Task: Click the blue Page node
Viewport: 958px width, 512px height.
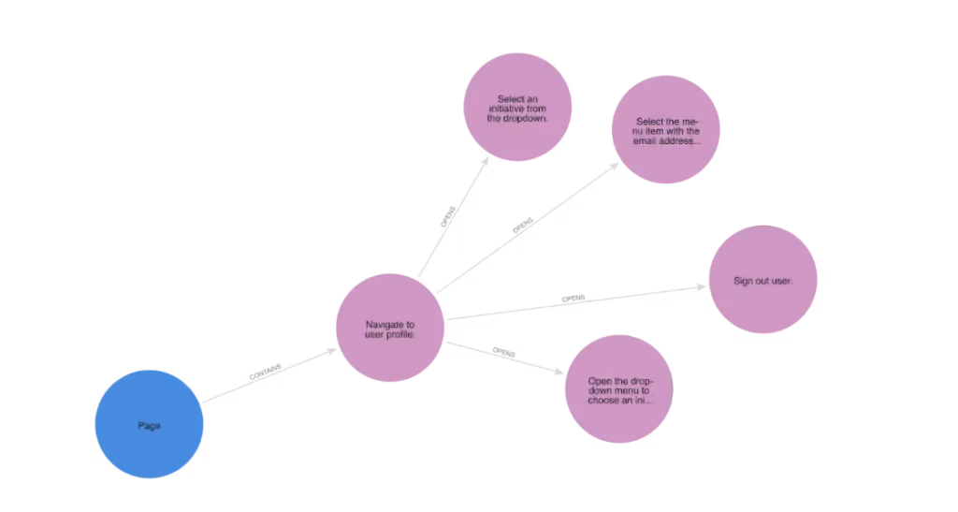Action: point(150,424)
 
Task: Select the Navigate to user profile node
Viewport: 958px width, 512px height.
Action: point(389,329)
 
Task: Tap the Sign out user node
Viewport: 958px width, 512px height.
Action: point(762,281)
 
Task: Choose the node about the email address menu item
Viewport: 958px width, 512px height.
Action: point(667,131)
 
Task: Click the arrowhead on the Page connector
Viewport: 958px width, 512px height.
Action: point(265,371)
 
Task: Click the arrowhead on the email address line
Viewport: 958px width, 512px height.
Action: point(524,226)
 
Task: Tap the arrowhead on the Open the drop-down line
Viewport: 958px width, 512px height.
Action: point(503,352)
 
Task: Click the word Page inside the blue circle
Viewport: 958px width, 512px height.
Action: point(150,425)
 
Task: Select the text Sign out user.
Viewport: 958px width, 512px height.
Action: point(762,281)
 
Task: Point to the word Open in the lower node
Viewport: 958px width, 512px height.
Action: point(599,381)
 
